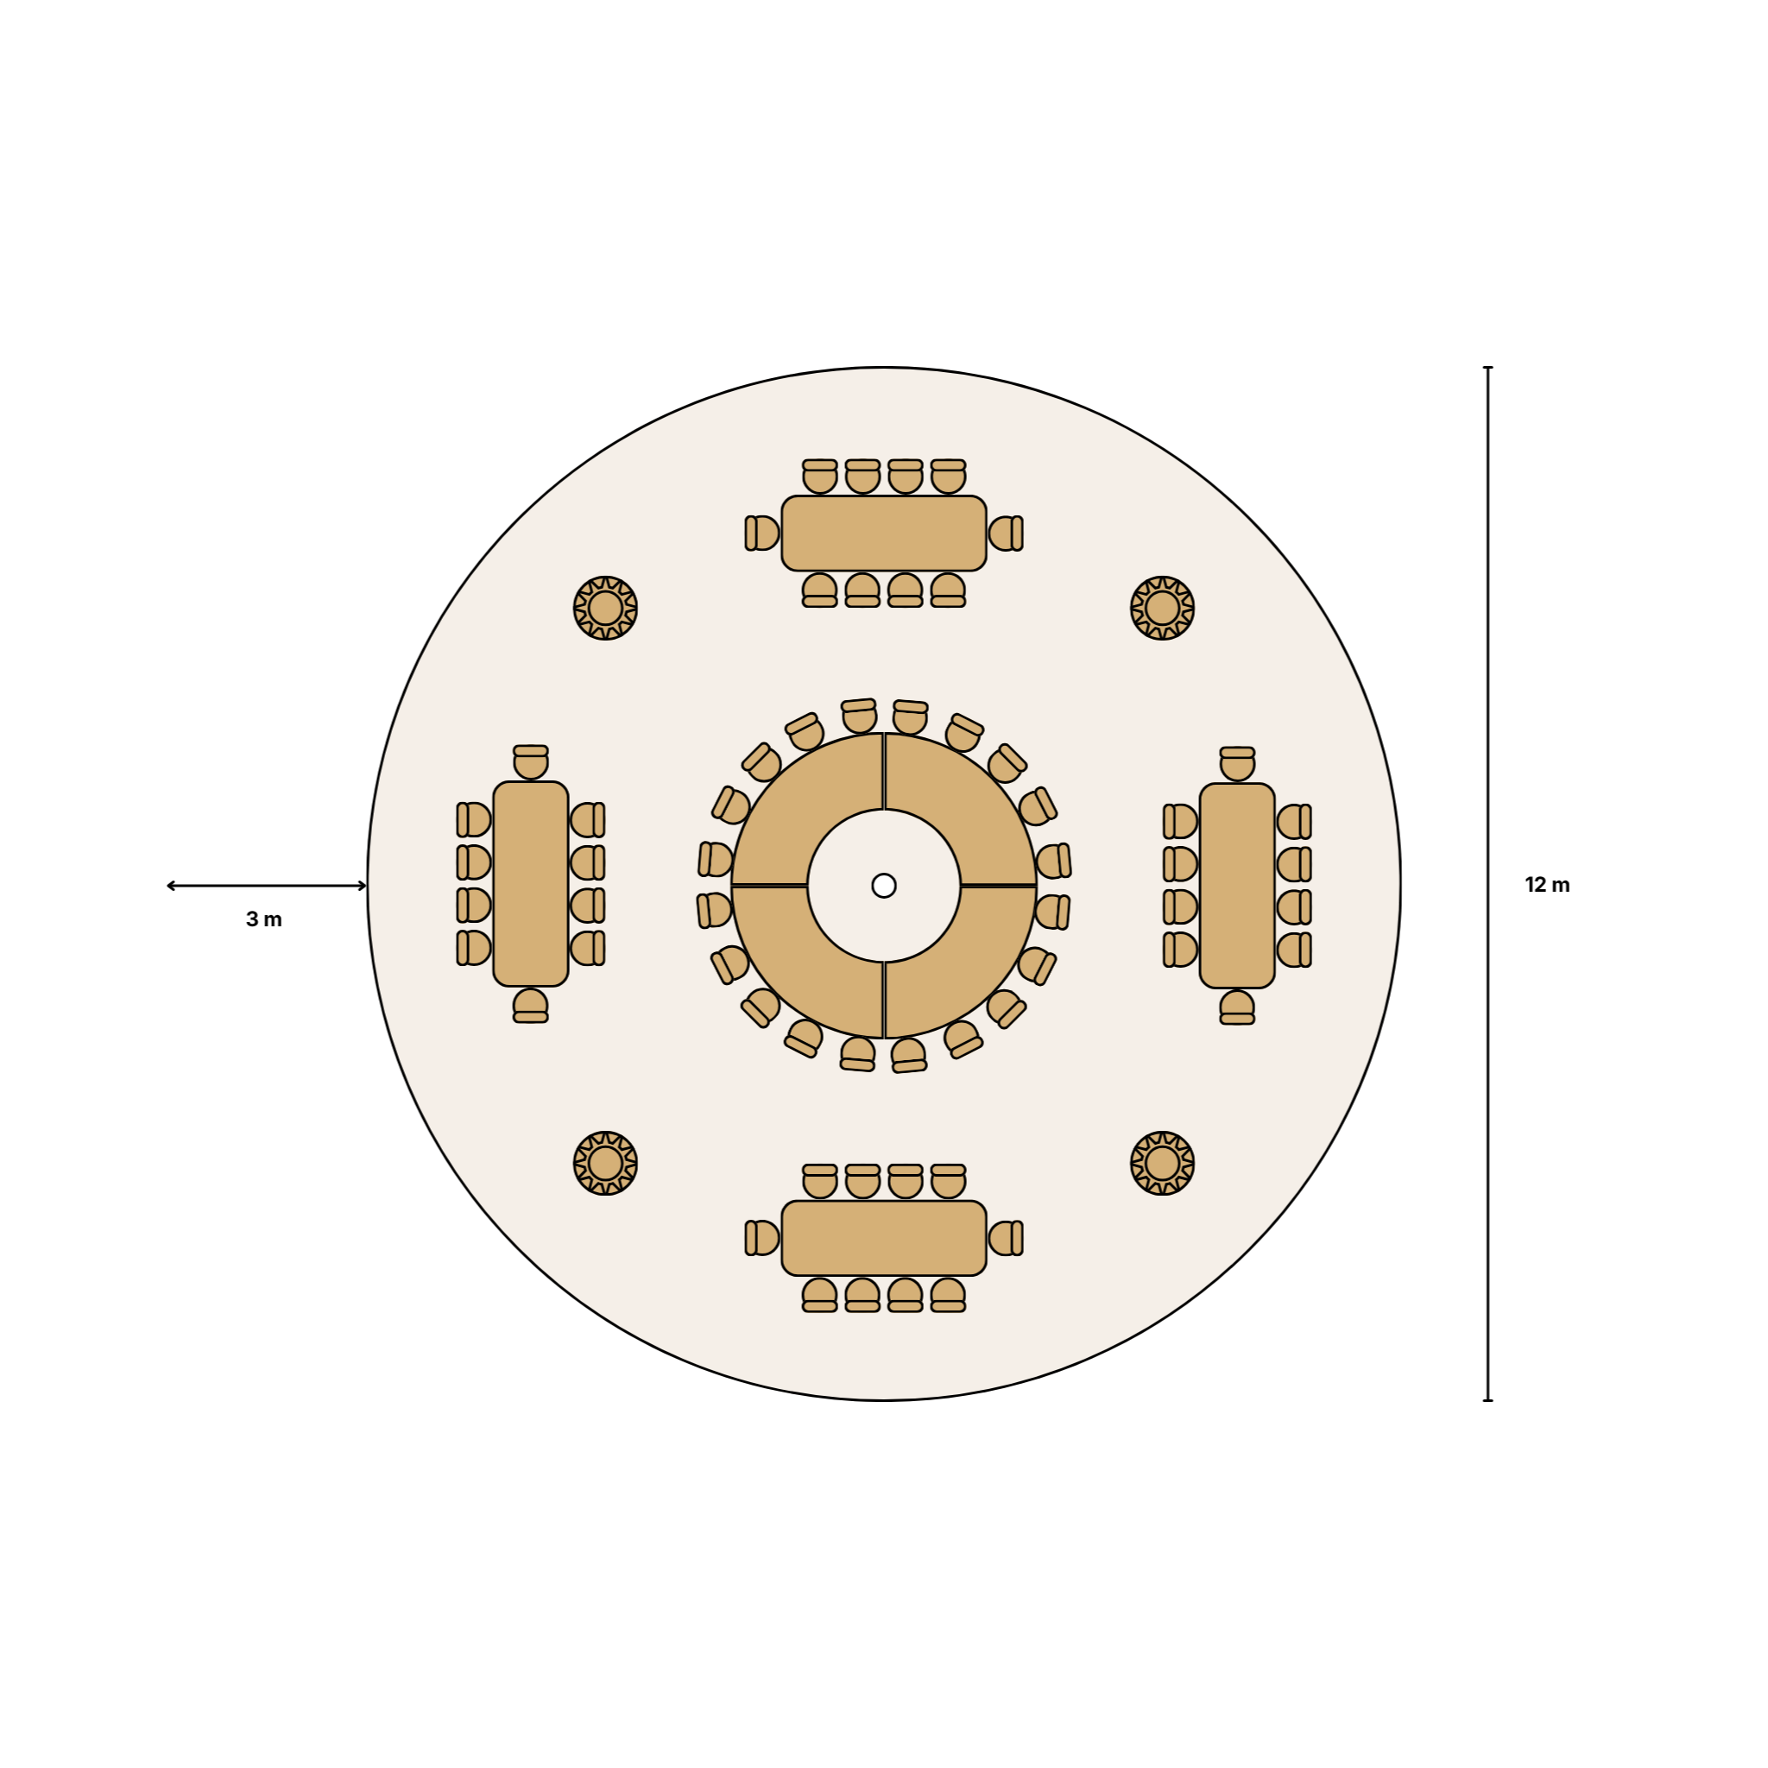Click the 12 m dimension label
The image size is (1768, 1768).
tap(1546, 885)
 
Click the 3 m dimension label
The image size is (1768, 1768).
tap(263, 919)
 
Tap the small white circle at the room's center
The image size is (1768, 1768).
tap(884, 885)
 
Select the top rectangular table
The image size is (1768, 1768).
tap(884, 534)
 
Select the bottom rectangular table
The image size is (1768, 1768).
tap(884, 1238)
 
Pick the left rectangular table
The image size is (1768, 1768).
tap(531, 884)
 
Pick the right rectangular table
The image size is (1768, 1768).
tap(1237, 886)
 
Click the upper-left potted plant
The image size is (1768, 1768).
tap(606, 608)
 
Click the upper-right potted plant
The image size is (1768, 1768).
tap(1162, 608)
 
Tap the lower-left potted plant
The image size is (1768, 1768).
tap(606, 1163)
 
